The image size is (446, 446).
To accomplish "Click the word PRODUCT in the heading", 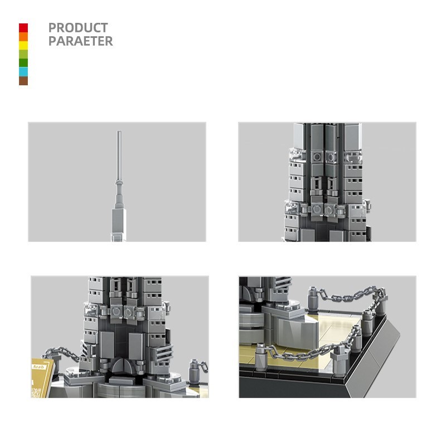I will click(78, 27).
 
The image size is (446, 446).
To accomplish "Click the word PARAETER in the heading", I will click(80, 41).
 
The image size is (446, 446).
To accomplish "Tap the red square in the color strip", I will click(23, 28).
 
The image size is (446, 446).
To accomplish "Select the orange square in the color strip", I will click(23, 37).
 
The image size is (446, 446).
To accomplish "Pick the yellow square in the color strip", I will click(23, 45).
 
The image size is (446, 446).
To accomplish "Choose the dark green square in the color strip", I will click(23, 63).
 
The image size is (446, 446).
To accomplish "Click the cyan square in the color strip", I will click(23, 72).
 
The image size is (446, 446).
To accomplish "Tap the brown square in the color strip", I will click(23, 81).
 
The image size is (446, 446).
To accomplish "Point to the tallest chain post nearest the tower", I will click(313, 295).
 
